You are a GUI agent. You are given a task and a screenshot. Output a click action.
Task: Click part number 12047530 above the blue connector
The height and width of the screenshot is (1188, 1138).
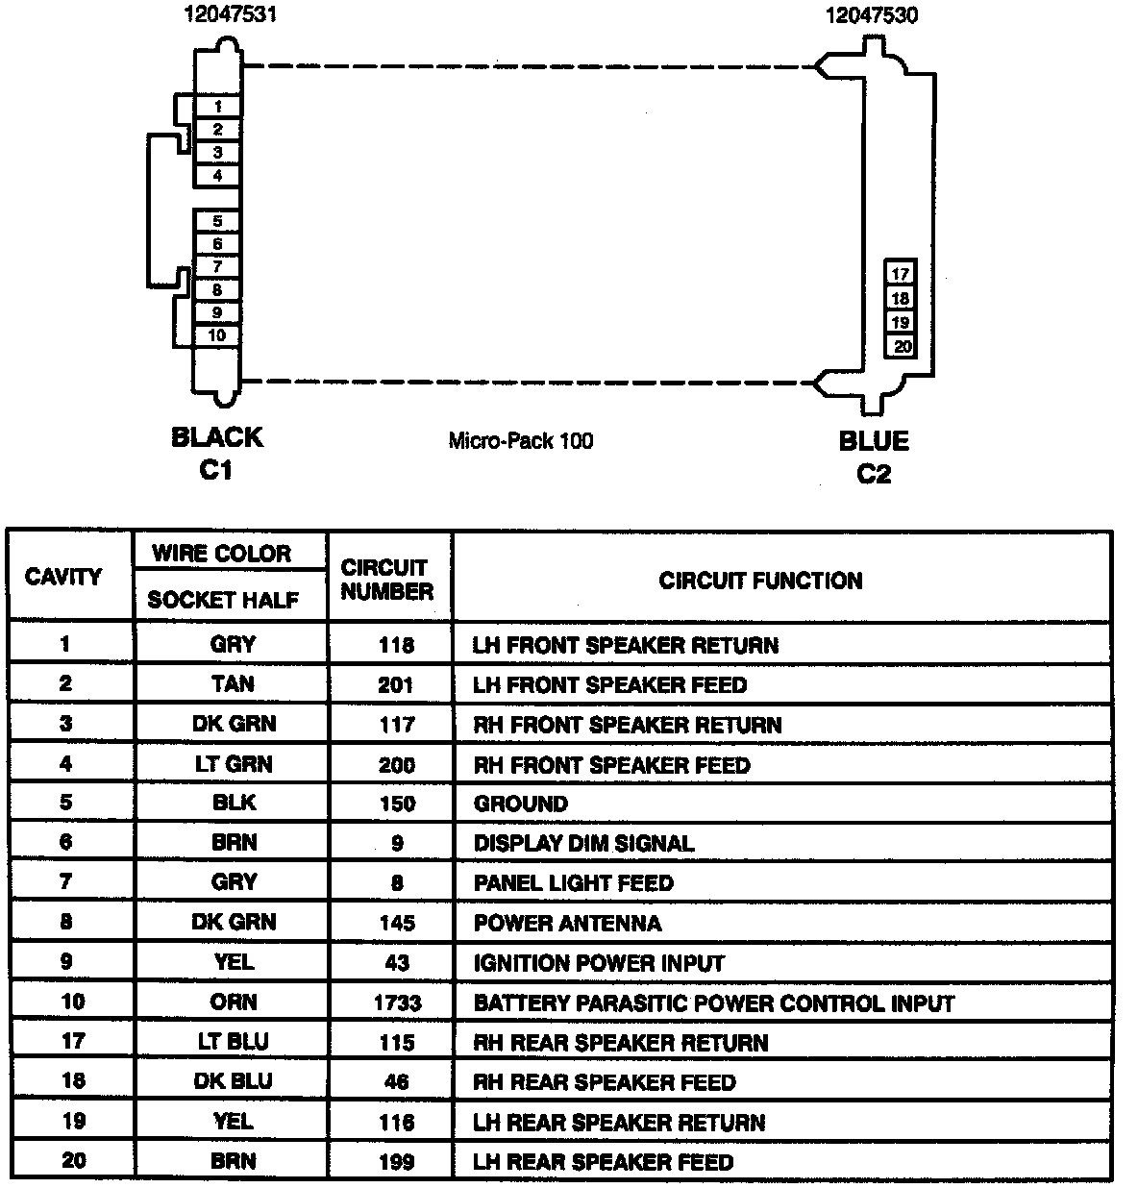click(872, 15)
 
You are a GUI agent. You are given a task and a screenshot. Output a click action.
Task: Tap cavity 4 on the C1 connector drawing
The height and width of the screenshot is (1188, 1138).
click(218, 176)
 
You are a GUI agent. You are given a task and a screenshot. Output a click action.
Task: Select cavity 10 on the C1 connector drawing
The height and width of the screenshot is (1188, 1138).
click(217, 335)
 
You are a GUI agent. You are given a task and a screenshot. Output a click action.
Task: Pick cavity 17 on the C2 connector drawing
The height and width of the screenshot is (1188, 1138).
click(900, 274)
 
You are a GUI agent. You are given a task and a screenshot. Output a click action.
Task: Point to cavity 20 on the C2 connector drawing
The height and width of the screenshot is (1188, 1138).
click(901, 347)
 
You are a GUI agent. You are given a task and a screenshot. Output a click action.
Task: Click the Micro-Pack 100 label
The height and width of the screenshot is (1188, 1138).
click(521, 441)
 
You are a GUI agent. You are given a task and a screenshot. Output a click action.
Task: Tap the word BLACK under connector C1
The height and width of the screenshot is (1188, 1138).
click(216, 437)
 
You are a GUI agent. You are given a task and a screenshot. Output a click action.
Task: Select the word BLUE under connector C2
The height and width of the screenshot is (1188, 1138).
click(874, 441)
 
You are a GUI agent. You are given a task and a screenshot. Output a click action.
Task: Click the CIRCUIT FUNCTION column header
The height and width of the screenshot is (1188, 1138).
click(760, 581)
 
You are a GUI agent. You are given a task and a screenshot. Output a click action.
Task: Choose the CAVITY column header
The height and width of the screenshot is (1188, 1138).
click(63, 577)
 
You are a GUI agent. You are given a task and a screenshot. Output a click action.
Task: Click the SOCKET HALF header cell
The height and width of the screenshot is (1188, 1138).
click(223, 600)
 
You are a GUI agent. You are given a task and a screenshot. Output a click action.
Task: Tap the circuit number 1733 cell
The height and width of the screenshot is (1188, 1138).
click(397, 1003)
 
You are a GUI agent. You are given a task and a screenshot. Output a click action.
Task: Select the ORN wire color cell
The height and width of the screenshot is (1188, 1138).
click(234, 1002)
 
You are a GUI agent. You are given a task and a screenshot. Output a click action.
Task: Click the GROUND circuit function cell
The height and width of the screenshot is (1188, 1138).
click(521, 804)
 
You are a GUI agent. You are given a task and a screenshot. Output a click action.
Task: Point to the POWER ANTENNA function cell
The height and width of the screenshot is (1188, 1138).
click(567, 924)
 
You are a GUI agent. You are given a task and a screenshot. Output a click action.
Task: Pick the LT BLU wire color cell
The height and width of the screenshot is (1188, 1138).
click(234, 1042)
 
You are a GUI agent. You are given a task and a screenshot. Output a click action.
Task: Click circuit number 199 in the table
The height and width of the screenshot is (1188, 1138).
click(396, 1162)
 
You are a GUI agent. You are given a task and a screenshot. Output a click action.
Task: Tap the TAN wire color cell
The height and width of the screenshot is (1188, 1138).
click(234, 684)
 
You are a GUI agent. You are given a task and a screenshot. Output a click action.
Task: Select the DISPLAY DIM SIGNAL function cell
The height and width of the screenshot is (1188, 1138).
click(583, 844)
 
